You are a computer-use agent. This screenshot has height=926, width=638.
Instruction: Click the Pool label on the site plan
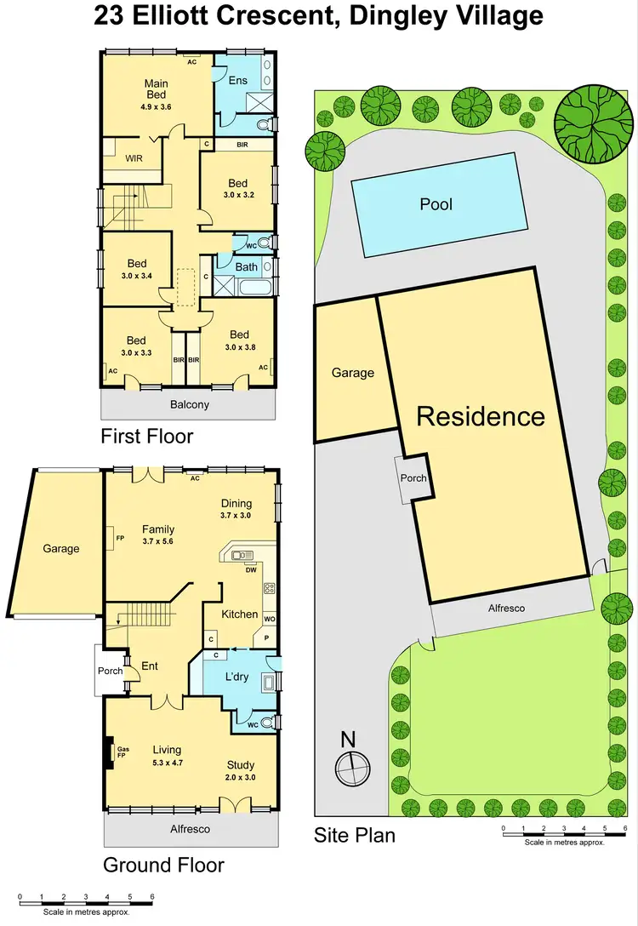(x=436, y=204)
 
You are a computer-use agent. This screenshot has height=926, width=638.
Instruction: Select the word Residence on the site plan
(x=480, y=416)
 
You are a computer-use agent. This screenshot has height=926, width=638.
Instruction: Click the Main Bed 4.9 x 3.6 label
(x=156, y=95)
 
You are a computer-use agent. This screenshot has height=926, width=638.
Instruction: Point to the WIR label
(x=134, y=158)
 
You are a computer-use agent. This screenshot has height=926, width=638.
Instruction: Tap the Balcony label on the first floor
(x=189, y=405)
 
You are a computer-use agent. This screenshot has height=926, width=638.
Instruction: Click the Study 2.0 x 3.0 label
(x=240, y=770)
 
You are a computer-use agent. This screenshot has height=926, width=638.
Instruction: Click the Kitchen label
(x=239, y=614)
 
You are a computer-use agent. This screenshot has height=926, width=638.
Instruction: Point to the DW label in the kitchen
(x=251, y=570)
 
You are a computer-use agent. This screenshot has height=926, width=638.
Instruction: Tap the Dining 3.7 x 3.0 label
(x=237, y=509)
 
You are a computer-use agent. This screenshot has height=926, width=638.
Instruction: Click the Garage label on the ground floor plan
(x=61, y=549)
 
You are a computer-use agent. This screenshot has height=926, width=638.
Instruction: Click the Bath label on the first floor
(x=247, y=267)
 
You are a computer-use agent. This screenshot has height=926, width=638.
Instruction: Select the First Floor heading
(x=147, y=437)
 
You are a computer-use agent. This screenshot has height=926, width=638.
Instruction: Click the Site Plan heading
(x=355, y=835)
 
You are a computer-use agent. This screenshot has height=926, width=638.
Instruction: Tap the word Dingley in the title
(x=402, y=15)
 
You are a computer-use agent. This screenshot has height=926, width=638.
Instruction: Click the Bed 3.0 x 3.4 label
(x=136, y=269)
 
